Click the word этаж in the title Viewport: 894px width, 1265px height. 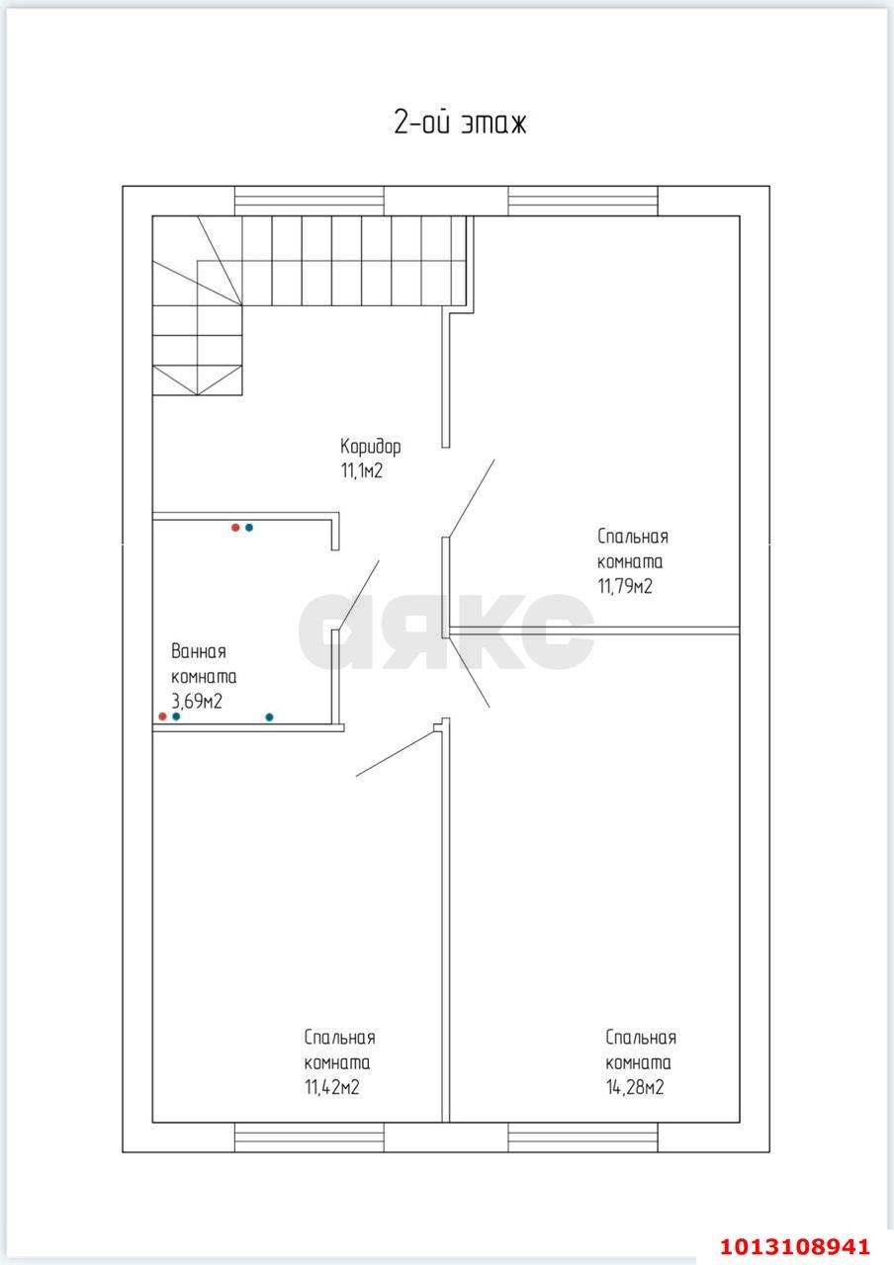[x=492, y=124]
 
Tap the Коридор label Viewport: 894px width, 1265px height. [x=371, y=447]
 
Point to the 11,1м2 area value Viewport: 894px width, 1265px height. [x=362, y=470]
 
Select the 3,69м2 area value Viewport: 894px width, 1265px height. [x=197, y=702]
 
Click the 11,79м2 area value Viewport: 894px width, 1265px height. [x=625, y=587]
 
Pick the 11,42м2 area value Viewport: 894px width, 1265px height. [x=332, y=1087]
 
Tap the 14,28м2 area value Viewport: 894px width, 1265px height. [x=635, y=1087]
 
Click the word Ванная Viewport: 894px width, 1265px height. [x=199, y=651]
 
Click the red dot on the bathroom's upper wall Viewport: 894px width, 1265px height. [x=235, y=528]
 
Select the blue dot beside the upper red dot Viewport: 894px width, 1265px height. [x=249, y=528]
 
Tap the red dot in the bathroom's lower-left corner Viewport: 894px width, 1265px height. [x=163, y=717]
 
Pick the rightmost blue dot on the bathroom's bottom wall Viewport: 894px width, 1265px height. [x=270, y=717]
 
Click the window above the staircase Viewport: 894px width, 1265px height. [x=310, y=201]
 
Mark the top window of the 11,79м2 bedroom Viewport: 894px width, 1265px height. [x=582, y=201]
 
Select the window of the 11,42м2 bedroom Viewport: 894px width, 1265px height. [x=310, y=1138]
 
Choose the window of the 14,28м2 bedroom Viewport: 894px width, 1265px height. [x=582, y=1138]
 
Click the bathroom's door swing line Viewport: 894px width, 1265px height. [x=358, y=595]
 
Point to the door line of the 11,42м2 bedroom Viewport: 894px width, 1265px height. [x=395, y=753]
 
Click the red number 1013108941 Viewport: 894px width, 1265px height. [x=795, y=1246]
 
